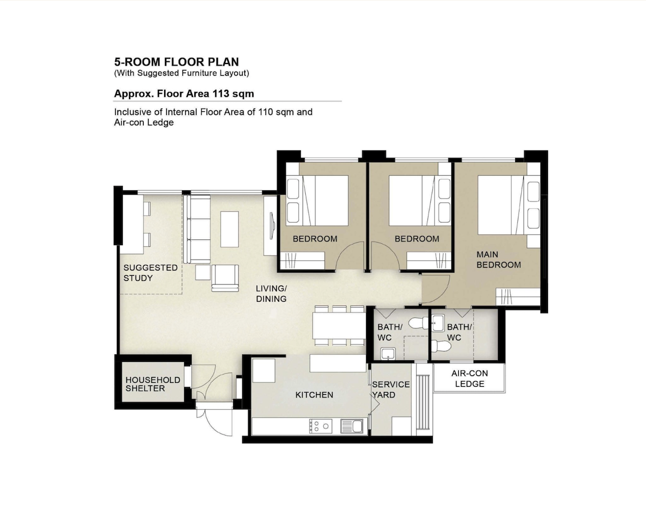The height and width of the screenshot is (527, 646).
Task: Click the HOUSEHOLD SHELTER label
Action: [152, 384]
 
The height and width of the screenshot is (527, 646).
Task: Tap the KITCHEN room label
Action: [314, 395]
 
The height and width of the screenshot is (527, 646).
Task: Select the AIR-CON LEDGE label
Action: [469, 379]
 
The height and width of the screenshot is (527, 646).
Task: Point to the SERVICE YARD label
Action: [391, 389]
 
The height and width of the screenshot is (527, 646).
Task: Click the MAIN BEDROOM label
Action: [498, 260]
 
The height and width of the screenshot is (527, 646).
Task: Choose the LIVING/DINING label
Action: [271, 294]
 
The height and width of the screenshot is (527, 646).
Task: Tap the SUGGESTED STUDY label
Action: [150, 273]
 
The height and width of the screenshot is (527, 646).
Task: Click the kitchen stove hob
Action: [320, 426]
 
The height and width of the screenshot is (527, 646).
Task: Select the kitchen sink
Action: [352, 426]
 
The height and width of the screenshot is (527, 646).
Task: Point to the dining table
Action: [339, 325]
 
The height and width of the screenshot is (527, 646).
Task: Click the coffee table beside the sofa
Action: [229, 229]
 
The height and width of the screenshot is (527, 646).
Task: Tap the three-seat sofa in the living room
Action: [197, 229]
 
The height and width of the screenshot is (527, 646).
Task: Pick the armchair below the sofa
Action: [225, 278]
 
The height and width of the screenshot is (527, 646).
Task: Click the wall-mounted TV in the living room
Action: [272, 226]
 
